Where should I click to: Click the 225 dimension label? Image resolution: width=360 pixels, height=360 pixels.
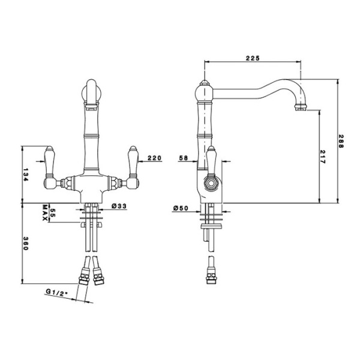(253, 58)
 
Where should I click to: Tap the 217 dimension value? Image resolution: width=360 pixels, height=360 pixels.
(322, 157)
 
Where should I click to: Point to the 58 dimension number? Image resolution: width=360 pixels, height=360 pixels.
(184, 158)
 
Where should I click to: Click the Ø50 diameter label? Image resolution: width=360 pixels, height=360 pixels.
(181, 208)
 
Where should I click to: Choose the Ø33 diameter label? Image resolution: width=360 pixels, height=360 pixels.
(119, 206)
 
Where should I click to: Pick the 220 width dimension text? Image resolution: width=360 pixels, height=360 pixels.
(155, 158)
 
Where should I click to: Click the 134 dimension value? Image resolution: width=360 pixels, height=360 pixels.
(25, 175)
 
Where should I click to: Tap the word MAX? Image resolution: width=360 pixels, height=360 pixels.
(45, 213)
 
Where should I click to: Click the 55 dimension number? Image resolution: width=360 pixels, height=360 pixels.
(53, 213)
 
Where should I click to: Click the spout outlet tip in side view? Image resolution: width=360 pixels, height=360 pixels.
(301, 107)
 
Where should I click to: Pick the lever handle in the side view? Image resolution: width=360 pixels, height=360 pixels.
(211, 161)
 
